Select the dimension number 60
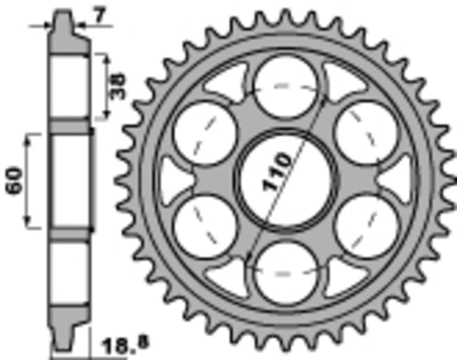point(14,180)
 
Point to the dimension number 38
point(118,87)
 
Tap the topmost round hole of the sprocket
point(285,87)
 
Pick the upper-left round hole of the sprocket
point(205,133)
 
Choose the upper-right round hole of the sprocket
point(366,133)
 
